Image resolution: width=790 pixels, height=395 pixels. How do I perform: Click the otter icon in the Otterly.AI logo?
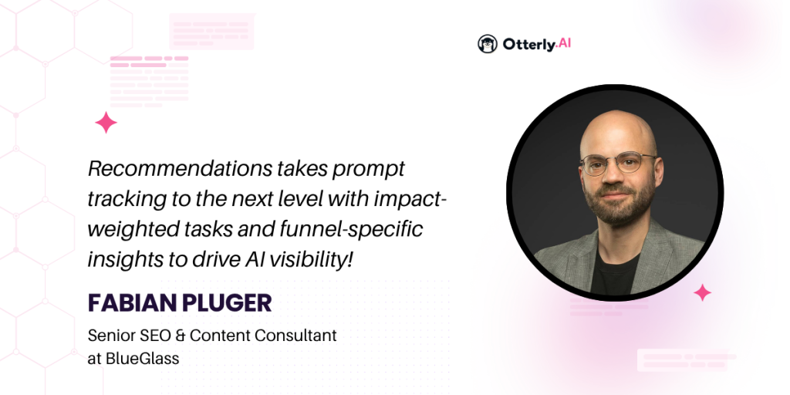pos(488,44)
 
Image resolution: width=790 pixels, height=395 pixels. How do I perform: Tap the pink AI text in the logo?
pos(564,44)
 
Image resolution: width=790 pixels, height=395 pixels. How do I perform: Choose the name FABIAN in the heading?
pos(128,302)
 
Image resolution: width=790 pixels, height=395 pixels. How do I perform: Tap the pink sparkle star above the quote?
pos(106,123)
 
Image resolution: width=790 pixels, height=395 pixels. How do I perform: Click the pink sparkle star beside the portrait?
pos(702,292)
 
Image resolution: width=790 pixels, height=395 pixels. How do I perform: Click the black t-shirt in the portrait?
pos(616,275)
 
